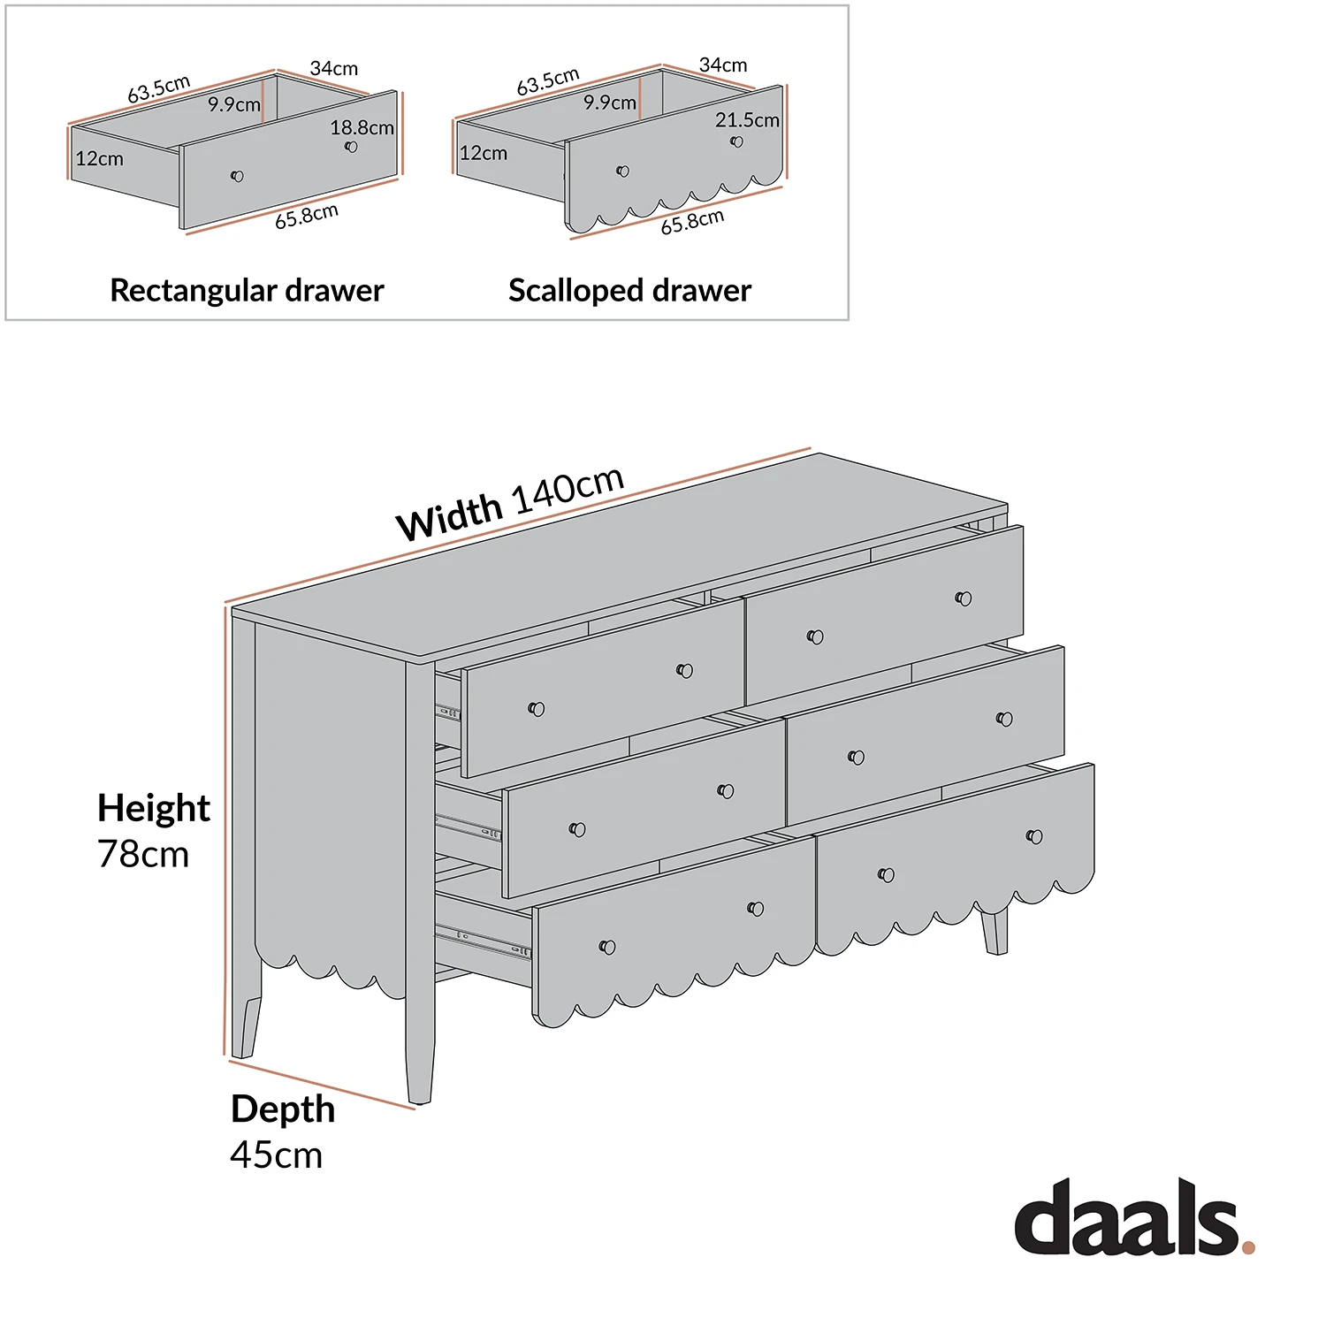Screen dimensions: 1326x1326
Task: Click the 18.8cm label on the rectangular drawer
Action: [x=362, y=127]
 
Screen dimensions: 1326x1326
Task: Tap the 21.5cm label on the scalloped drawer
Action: [x=747, y=120]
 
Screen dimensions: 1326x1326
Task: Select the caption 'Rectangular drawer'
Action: [x=247, y=290]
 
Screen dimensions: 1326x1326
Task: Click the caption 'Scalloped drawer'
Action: [x=629, y=290]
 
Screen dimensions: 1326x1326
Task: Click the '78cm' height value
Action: [x=143, y=854]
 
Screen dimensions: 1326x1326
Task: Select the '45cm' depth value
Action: [x=276, y=1155]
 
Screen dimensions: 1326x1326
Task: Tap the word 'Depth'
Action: [x=283, y=1109]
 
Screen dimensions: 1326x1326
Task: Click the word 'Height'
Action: [x=154, y=807]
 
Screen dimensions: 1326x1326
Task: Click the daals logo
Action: [x=1127, y=1217]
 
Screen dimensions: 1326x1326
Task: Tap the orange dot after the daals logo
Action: [x=1248, y=1247]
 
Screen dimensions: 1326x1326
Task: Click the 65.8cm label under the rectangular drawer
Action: [x=306, y=217]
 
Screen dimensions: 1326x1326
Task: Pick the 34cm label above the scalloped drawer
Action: [x=722, y=65]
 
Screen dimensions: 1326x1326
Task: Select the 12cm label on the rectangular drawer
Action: [x=99, y=159]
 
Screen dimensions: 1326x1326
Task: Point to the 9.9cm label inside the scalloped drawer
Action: [x=609, y=103]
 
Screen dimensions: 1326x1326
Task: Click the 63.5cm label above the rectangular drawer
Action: [x=158, y=89]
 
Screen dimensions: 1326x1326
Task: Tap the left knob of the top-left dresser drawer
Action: [x=536, y=708]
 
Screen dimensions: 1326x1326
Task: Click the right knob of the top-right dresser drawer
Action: [x=964, y=598]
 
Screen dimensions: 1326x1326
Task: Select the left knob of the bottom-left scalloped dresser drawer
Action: [x=607, y=948]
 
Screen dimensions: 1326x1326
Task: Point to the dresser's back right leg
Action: [x=994, y=933]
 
